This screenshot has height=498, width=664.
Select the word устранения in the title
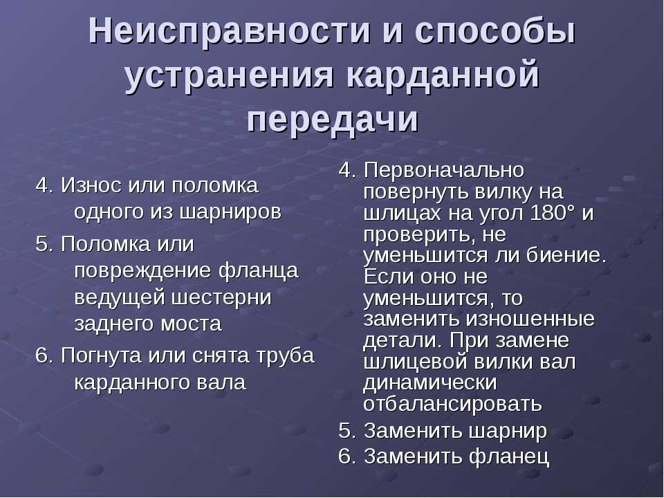tap(230, 76)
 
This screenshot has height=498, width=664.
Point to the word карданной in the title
tap(443, 75)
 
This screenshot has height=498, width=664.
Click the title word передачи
tap(333, 120)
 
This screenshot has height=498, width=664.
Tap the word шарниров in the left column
tap(230, 212)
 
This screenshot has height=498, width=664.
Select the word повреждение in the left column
tap(142, 271)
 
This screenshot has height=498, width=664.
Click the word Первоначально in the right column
tap(444, 170)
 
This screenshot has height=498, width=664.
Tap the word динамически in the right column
tap(430, 382)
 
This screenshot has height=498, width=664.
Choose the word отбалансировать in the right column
tap(452, 404)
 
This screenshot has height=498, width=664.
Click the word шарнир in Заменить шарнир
tap(508, 432)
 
